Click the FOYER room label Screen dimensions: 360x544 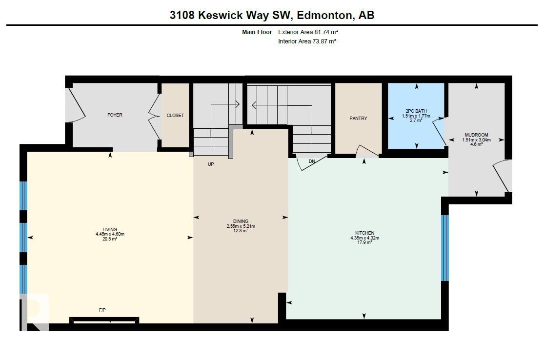(115, 115)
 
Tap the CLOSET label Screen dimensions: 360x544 (175, 116)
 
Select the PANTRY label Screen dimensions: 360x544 (358, 119)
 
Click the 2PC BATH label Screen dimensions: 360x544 (416, 111)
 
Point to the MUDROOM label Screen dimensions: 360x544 (476, 135)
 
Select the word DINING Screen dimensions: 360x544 (241, 221)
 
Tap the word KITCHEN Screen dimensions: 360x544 (364, 233)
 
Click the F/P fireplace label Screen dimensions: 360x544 (102, 310)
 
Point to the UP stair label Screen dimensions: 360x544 (211, 164)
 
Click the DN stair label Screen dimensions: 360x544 (312, 161)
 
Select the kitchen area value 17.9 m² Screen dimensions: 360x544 (364, 242)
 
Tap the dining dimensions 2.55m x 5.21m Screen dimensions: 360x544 (241, 226)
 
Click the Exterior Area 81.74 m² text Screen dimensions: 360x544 (308, 32)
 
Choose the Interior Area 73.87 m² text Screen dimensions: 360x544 (307, 41)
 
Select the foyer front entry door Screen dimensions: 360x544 (76, 105)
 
